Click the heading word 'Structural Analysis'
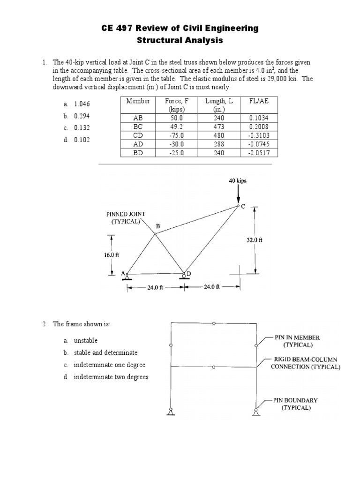(180, 41)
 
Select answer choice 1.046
(82, 104)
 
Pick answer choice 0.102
(82, 140)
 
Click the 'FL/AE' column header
(259, 101)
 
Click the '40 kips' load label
(238, 180)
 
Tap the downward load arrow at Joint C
(239, 194)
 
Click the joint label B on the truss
(157, 226)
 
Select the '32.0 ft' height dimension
(255, 240)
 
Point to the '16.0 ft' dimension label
(112, 255)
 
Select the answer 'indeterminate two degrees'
(110, 377)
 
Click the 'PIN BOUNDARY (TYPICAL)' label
(296, 404)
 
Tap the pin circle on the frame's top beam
(214, 323)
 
